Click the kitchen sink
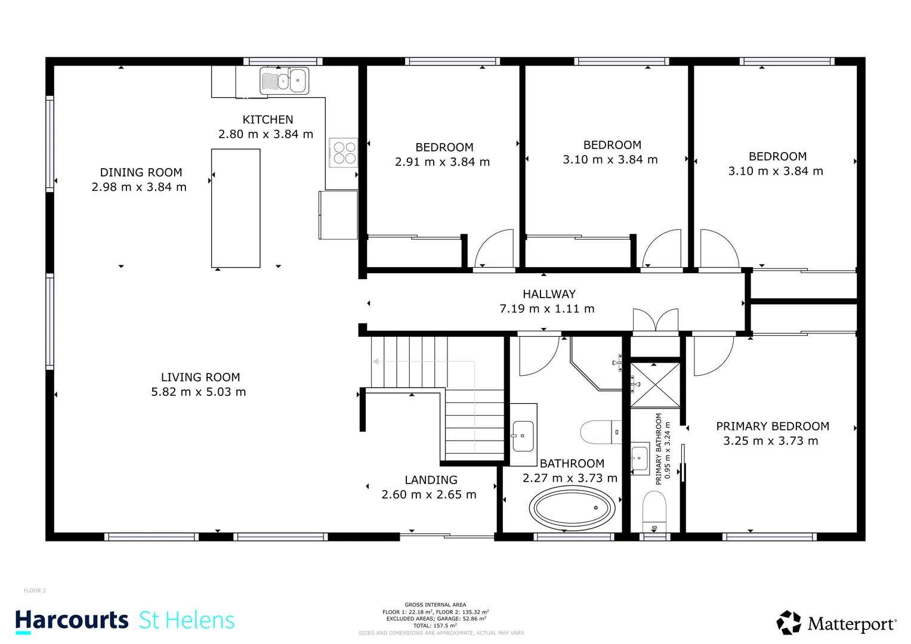pos(284,81)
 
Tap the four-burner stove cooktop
pos(344,153)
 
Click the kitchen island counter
pos(236,208)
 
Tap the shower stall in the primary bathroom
pos(655,385)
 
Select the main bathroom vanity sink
pos(523,435)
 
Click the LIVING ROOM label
pos(200,377)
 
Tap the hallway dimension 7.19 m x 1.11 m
pos(547,309)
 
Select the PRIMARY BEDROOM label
pos(772,426)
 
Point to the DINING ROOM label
pos(141,172)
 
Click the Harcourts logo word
pos(72,620)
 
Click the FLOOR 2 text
pos(35,591)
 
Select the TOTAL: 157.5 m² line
pos(435,626)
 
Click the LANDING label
pos(431,480)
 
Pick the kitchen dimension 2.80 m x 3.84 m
pos(265,134)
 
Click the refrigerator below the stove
pos(338,215)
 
